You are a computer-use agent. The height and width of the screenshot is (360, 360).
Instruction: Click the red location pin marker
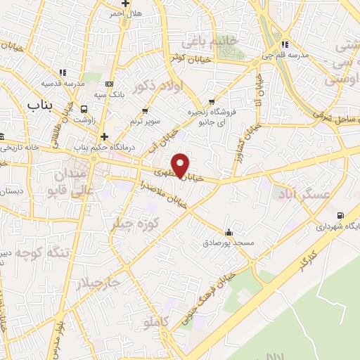pos(181,165)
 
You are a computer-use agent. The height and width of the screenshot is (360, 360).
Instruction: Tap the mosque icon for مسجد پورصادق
pos(228,232)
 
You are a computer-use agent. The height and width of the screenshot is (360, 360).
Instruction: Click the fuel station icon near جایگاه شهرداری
pos(341,215)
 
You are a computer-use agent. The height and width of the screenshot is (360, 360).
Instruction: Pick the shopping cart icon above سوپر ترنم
pos(146,111)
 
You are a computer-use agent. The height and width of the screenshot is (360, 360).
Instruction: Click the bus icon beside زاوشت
pos(85,109)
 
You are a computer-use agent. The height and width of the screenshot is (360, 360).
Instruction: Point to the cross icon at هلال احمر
pos(125,3)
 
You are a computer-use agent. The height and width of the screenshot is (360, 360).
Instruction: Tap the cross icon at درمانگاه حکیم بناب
pos(104,136)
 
